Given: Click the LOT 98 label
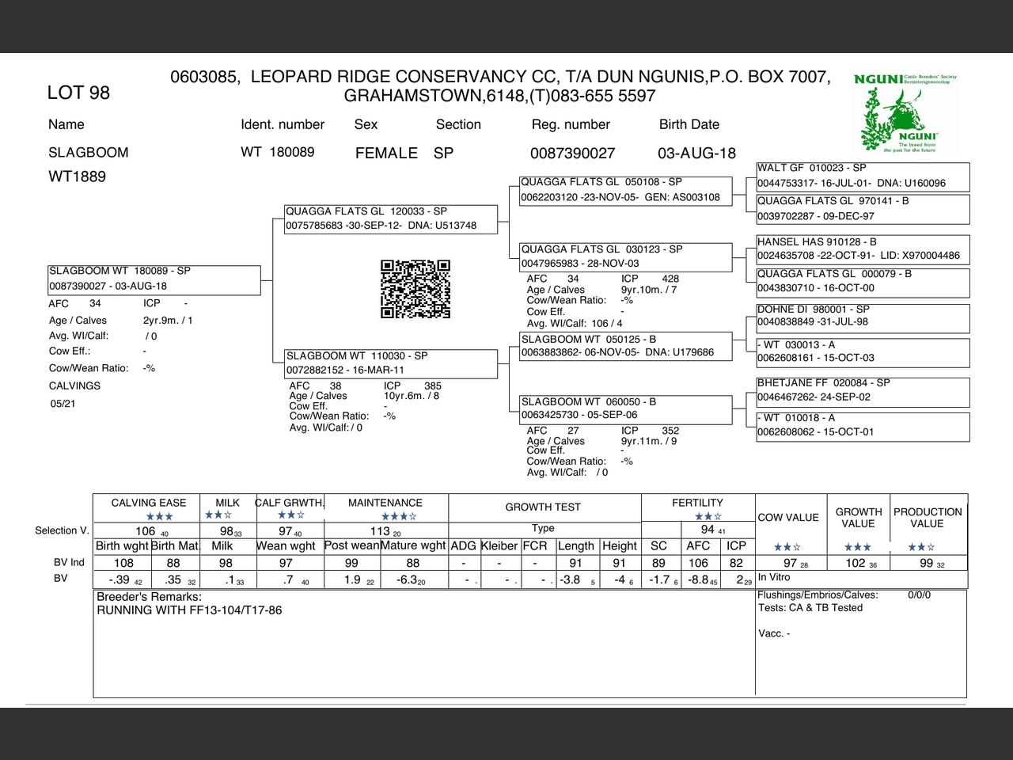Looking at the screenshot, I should click(x=78, y=93).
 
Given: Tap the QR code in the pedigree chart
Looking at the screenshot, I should click(x=415, y=289).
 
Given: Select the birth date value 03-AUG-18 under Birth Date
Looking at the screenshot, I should click(x=696, y=153).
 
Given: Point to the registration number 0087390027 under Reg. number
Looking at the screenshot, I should click(x=572, y=153).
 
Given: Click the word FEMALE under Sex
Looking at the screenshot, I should click(x=386, y=153).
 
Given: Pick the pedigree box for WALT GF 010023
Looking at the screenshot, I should click(x=863, y=176).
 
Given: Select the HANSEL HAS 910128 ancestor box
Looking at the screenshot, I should click(x=863, y=249).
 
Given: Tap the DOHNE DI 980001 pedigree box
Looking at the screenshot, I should click(x=863, y=316).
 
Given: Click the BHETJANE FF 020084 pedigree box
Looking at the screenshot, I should click(x=863, y=390).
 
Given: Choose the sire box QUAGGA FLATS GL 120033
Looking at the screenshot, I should click(x=391, y=218).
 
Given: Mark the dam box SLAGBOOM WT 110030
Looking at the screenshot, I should click(x=391, y=363).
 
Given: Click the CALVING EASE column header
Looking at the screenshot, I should click(x=149, y=503).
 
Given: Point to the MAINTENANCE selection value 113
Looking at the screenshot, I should click(x=381, y=531).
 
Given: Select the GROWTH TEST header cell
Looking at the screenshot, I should click(x=543, y=507).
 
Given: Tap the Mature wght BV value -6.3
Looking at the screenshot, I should click(x=408, y=579).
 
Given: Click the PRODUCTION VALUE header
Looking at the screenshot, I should click(x=928, y=518).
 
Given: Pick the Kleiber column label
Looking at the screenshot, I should click(x=499, y=545).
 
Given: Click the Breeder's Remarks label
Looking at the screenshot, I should click(x=149, y=596).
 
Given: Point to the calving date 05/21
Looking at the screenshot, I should click(x=63, y=404).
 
